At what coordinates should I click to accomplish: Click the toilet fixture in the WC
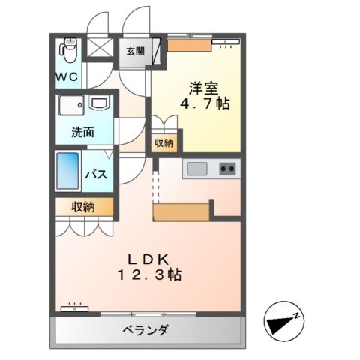(67, 50)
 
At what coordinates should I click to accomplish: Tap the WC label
(67, 76)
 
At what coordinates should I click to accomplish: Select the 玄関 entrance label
(135, 52)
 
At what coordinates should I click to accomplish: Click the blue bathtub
(67, 171)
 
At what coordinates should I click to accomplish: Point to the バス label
(97, 174)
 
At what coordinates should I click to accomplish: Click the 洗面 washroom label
(82, 132)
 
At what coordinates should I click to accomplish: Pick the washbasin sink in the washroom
(100, 103)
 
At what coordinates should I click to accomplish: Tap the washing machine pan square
(71, 105)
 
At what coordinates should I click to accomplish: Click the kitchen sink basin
(197, 169)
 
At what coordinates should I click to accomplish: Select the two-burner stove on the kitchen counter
(227, 169)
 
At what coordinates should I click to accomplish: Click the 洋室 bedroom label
(203, 88)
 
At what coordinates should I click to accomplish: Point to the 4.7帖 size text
(205, 103)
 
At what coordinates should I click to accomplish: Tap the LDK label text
(148, 260)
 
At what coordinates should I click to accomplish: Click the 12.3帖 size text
(149, 274)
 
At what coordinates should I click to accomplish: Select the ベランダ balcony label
(145, 330)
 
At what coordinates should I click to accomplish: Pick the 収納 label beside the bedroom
(163, 143)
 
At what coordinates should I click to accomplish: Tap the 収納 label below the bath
(83, 207)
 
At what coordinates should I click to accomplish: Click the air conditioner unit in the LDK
(75, 308)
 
